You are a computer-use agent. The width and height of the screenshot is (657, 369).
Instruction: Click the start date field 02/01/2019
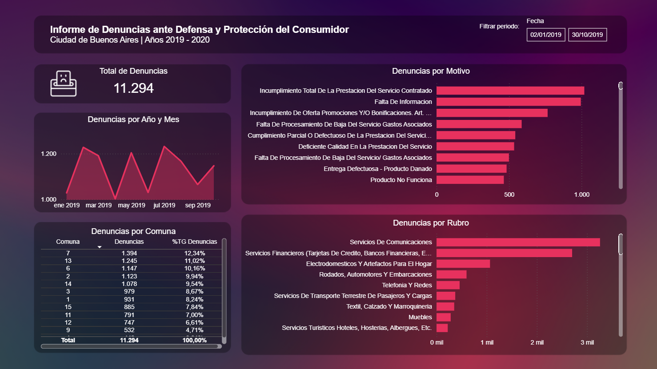(x=545, y=35)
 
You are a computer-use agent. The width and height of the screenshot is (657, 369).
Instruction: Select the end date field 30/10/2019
(x=587, y=35)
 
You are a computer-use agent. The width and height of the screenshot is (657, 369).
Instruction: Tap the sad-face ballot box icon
(x=63, y=84)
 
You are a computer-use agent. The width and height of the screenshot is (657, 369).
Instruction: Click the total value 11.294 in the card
(x=133, y=88)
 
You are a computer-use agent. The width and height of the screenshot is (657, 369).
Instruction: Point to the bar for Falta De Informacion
(x=508, y=102)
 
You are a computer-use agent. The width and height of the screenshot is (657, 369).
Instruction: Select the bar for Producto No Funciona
(x=470, y=180)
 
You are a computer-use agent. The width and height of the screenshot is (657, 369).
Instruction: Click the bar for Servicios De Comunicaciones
(x=518, y=242)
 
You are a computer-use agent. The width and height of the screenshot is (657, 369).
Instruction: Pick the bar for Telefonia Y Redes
(x=448, y=285)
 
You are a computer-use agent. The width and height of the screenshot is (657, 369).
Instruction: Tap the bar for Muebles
(x=443, y=317)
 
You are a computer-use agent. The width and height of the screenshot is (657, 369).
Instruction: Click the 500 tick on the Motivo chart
(x=509, y=194)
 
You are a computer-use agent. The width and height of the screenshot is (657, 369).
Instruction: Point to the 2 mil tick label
(x=537, y=342)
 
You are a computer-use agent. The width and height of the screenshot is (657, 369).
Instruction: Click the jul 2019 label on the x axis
(x=164, y=205)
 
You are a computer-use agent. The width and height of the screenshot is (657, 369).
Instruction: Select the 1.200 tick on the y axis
(x=48, y=154)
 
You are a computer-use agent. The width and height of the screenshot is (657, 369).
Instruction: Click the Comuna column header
(x=68, y=242)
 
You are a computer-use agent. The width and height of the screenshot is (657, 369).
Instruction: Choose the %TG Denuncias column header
(x=194, y=242)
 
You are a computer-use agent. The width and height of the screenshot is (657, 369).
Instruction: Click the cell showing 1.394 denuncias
(x=129, y=253)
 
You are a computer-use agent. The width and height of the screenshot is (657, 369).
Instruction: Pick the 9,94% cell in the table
(x=194, y=276)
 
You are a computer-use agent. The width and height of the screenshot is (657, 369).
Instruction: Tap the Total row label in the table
(x=68, y=340)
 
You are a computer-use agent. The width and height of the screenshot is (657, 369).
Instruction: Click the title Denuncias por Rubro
(x=430, y=223)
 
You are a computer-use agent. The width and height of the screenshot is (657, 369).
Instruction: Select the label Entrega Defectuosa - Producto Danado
(x=377, y=169)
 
